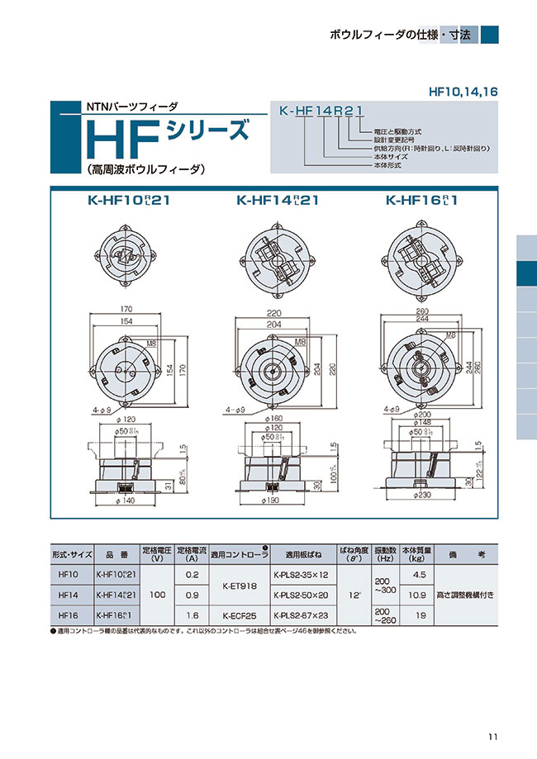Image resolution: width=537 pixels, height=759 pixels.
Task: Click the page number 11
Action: tap(492, 738)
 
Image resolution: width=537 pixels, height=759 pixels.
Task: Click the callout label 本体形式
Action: tap(387, 165)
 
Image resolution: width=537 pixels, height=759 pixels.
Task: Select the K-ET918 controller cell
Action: tap(239, 585)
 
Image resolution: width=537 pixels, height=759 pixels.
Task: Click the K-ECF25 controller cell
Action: tap(239, 615)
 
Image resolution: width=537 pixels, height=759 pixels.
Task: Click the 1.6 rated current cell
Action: tap(191, 615)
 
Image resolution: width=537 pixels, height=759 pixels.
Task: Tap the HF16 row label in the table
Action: tap(69, 615)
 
